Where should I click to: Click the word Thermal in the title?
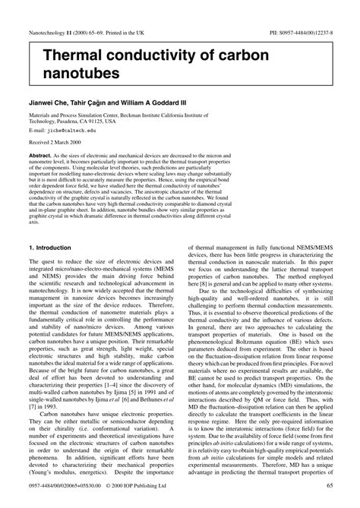(69, 54)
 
